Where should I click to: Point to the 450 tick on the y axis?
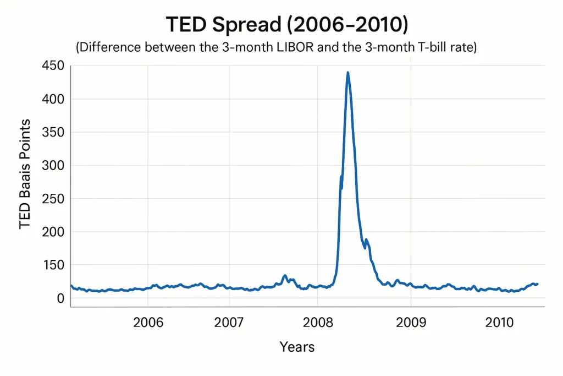click(53, 66)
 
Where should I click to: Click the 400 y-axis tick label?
click(53, 99)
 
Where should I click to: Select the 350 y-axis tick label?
click(53, 132)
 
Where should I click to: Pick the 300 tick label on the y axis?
click(53, 166)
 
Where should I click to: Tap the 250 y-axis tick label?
click(53, 199)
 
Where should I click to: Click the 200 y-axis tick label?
click(53, 232)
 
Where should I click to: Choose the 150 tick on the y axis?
click(53, 265)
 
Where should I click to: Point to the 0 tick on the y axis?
click(61, 298)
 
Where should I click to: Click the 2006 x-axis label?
click(148, 323)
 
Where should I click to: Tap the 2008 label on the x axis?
click(317, 323)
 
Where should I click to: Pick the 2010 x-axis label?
click(500, 323)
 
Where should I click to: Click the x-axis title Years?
click(297, 347)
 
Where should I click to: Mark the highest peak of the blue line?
click(347, 72)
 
